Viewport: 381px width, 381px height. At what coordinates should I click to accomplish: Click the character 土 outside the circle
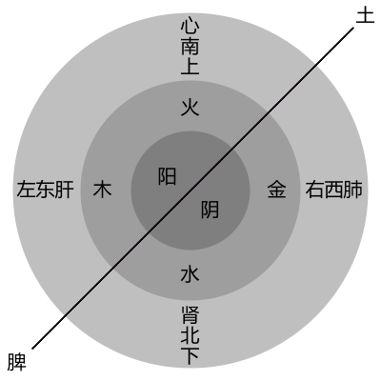point(365,15)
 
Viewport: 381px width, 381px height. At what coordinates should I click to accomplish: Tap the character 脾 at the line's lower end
point(16,362)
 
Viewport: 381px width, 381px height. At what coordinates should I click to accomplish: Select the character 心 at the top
point(190,28)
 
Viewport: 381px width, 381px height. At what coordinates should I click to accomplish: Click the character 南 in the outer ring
point(190,47)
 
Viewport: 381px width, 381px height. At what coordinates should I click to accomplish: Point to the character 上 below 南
point(190,66)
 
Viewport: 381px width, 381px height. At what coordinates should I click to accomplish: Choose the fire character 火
point(190,107)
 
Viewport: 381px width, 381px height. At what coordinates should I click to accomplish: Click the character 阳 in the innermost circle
point(167,176)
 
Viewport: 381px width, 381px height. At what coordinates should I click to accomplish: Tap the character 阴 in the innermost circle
point(210,210)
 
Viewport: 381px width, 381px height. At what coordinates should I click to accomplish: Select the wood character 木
point(102,190)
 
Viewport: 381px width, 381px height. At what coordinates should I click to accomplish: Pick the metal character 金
point(276,190)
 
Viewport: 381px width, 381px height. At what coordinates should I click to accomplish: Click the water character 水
point(190,274)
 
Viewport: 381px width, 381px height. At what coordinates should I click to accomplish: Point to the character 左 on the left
point(26,190)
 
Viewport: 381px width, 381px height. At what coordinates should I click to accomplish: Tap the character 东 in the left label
point(45,190)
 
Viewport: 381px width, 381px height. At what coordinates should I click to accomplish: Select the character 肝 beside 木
point(64,190)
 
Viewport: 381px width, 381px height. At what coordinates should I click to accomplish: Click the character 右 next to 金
point(314,190)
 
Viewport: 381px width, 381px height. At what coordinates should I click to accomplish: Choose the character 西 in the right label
point(333,190)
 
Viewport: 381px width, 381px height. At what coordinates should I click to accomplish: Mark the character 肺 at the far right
point(352,190)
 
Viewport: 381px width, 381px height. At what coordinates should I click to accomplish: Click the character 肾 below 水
point(190,315)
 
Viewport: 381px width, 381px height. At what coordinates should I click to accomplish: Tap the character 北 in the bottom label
point(190,335)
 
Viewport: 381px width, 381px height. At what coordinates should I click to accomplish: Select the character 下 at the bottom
point(190,355)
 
